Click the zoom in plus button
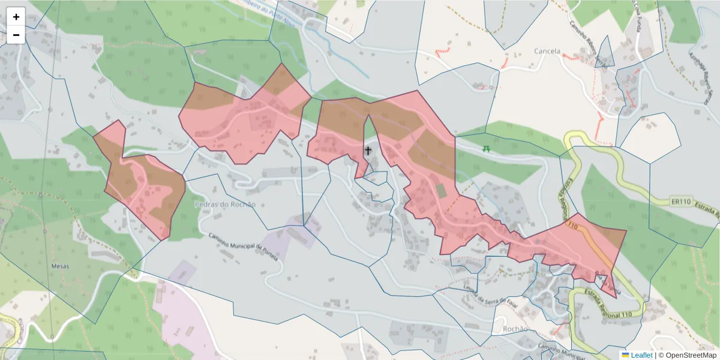pos(16,17)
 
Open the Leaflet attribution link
pos(641,355)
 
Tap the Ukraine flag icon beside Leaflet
pos(625,355)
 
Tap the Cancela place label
pos(547,52)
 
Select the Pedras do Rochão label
pos(225,204)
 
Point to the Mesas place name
pos(60,266)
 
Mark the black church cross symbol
pos(368,150)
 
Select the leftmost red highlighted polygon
pos(141,180)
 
